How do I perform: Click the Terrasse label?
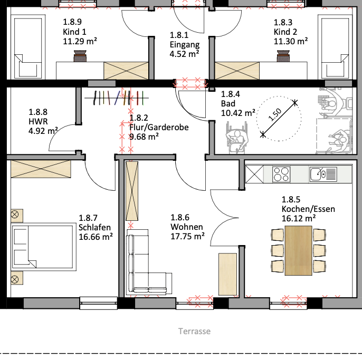click(x=194, y=331)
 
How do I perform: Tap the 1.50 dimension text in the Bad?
click(x=275, y=114)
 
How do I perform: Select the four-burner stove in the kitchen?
click(x=281, y=174)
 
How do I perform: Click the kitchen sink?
click(x=323, y=174)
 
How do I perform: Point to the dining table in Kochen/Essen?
click(x=298, y=250)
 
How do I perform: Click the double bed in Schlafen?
click(x=44, y=247)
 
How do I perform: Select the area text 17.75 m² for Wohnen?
click(x=187, y=236)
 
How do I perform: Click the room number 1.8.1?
click(x=179, y=35)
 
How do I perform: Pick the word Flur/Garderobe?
click(x=159, y=128)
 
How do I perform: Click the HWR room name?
click(x=38, y=121)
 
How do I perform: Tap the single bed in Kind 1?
click(x=28, y=47)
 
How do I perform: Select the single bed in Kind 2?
click(x=335, y=47)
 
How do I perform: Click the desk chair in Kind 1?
click(x=80, y=56)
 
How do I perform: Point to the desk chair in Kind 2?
click(x=283, y=56)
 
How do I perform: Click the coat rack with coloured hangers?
click(x=117, y=98)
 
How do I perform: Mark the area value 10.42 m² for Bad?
click(x=238, y=113)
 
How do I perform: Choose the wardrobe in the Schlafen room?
click(x=41, y=169)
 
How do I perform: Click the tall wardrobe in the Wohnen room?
click(x=132, y=191)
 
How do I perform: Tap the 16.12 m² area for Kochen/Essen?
click(x=299, y=218)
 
